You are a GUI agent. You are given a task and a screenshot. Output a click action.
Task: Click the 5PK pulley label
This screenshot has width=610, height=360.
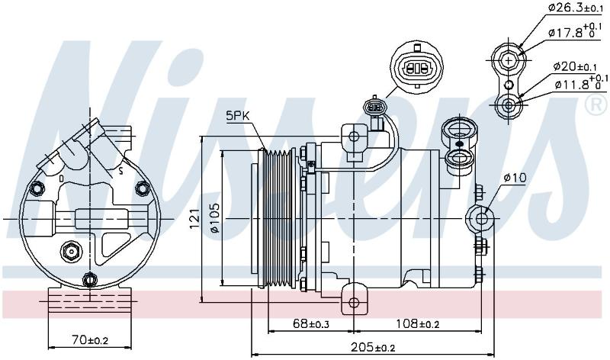pyautogui.click(x=237, y=116)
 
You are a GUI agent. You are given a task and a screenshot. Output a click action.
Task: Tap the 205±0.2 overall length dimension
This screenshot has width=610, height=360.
pyautogui.click(x=373, y=347)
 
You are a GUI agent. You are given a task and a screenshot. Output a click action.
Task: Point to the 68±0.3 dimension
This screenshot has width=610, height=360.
pyautogui.click(x=311, y=323)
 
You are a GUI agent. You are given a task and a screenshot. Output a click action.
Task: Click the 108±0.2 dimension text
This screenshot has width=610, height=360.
pyautogui.click(x=418, y=323)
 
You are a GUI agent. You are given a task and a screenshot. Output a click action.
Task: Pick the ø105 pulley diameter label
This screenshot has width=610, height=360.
pyautogui.click(x=214, y=218)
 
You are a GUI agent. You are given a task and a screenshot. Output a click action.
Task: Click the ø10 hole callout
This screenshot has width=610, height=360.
pyautogui.click(x=514, y=178)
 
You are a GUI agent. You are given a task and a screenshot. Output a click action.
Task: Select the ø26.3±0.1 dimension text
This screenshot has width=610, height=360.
pyautogui.click(x=576, y=7)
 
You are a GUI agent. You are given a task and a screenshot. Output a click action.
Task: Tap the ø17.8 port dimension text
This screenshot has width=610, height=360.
pyautogui.click(x=576, y=31)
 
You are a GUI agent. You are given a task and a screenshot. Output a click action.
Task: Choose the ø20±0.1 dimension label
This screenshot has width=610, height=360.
pyautogui.click(x=576, y=66)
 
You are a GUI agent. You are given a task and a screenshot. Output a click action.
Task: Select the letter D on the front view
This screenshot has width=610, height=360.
pyautogui.click(x=61, y=178)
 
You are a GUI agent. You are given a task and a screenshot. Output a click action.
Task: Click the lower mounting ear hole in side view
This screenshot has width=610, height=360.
pyautogui.click(x=354, y=302)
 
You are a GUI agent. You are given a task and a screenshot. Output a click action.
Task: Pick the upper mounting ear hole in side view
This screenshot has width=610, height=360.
pyautogui.click(x=354, y=137)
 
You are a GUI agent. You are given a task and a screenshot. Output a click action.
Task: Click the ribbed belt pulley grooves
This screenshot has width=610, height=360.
pyautogui.click(x=277, y=218)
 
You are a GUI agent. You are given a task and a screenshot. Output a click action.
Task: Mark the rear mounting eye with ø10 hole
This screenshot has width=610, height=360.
pyautogui.click(x=481, y=218)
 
